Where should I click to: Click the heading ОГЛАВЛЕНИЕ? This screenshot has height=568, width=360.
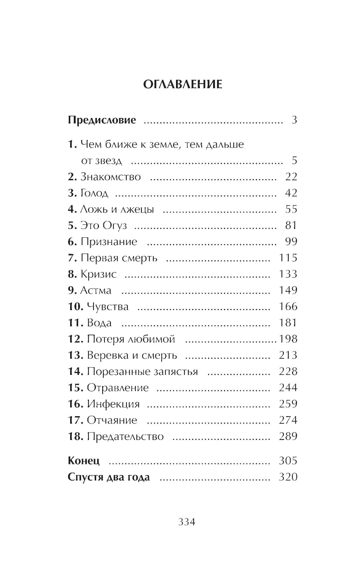click(183, 85)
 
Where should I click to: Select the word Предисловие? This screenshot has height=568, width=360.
click(102, 120)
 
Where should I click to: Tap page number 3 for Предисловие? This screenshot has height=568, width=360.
click(294, 120)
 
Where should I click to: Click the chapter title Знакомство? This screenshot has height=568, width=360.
click(111, 177)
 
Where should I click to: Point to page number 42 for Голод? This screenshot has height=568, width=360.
click(291, 193)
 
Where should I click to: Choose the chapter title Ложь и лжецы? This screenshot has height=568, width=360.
click(117, 209)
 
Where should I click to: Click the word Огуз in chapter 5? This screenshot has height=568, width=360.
click(115, 226)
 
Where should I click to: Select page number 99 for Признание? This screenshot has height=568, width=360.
click(291, 242)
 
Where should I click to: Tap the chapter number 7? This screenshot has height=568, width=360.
click(72, 258)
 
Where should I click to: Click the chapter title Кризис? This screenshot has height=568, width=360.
click(99, 274)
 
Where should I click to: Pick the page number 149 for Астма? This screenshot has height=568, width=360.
click(288, 290)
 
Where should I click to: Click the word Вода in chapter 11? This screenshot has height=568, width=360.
click(99, 323)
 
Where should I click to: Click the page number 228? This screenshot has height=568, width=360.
click(288, 371)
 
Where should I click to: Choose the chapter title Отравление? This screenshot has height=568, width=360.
click(118, 388)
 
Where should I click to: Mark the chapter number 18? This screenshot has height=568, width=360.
click(76, 437)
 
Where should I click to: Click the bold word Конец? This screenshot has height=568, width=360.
click(84, 461)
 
